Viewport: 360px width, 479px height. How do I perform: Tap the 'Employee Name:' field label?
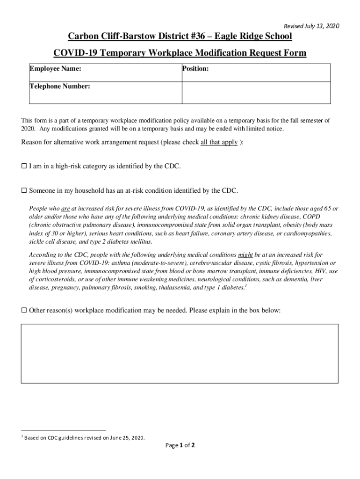55,69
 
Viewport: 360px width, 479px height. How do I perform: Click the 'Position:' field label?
195,69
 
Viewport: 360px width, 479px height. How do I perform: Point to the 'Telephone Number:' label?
60,87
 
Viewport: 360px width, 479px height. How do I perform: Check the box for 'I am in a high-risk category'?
24,167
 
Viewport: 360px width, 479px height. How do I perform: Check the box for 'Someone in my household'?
24,191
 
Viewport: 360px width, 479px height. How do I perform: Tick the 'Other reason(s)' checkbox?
24,310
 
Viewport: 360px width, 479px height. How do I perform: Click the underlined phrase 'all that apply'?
219,143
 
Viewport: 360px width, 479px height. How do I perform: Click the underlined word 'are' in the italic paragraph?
65,208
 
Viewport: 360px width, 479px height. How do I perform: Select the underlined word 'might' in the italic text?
246,255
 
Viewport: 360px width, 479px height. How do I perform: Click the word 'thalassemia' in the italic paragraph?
175,288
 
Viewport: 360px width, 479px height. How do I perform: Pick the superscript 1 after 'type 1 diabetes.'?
246,285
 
